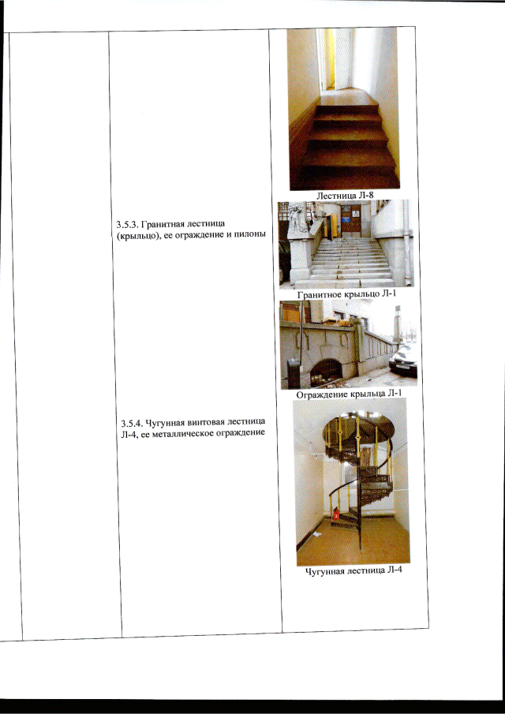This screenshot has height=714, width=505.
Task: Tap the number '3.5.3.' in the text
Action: [125, 225]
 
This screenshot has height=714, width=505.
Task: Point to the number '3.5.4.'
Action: [127, 421]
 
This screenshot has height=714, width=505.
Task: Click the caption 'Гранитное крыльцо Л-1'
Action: [346, 293]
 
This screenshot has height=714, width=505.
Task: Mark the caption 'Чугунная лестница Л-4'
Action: [353, 571]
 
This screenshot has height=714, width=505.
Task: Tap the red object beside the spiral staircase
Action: [336, 514]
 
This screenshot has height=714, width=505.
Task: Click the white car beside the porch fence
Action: [403, 360]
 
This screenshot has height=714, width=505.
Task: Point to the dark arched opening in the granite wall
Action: [326, 371]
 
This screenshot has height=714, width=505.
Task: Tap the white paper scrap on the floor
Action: [317, 533]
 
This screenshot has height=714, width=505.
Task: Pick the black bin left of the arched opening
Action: [294, 373]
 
